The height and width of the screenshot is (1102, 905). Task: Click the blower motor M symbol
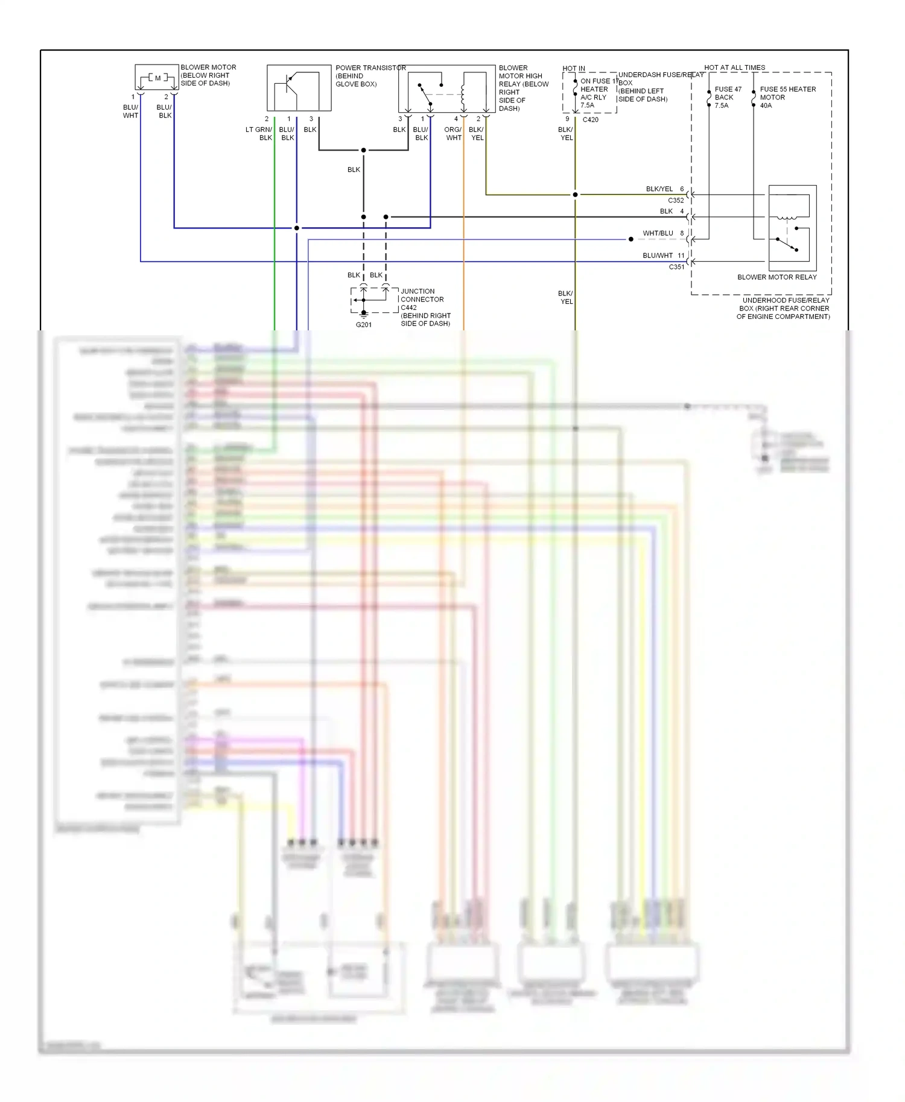tap(156, 78)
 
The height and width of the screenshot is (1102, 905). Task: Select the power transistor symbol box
tap(299, 88)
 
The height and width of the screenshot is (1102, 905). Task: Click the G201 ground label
tap(364, 325)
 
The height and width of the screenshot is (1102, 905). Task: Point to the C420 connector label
tap(590, 120)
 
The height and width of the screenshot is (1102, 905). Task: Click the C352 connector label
tap(676, 201)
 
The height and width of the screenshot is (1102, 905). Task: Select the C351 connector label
tap(676, 267)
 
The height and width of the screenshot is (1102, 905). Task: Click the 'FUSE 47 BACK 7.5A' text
tap(727, 97)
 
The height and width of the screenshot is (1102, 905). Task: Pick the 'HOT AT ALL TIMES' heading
tap(734, 68)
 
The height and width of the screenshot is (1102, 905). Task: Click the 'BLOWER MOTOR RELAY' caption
tap(776, 277)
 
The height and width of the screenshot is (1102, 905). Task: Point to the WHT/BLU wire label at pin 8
tap(658, 233)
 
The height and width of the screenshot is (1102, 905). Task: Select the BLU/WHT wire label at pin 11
tap(658, 256)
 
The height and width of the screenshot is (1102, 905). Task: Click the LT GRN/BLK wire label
tap(259, 134)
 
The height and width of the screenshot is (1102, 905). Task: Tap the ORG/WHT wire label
tap(453, 134)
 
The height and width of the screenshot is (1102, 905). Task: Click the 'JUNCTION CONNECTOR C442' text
tap(422, 299)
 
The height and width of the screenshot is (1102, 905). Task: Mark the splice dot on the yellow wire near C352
tap(575, 195)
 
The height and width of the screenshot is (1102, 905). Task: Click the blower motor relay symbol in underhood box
tap(792, 228)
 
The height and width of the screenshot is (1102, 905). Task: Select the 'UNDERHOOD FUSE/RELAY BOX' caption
tap(784, 308)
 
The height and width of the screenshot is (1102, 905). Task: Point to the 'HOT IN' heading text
tap(573, 69)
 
